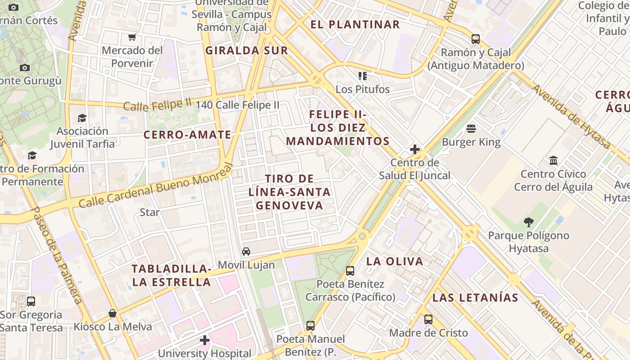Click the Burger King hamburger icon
pos(471,129)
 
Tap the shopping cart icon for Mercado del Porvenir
pos(132,37)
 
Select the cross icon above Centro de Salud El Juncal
pos(415,149)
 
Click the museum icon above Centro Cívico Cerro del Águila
pos(553,161)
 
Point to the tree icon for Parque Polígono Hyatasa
pos(529,222)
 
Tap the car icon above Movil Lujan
pos(246,252)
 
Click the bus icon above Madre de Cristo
pos(428,319)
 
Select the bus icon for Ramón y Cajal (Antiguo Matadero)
pos(476,39)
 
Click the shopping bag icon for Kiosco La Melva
pos(112,313)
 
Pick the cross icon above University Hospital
pos(205,340)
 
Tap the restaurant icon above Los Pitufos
pos(363,76)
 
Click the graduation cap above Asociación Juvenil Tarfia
pos(82,118)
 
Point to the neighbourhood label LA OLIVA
pos(395,261)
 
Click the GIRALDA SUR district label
pos(247,50)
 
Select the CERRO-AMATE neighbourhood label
pos(187,135)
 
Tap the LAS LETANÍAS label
pos(475,297)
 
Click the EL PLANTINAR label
pos(355,25)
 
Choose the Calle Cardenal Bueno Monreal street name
pos(155,186)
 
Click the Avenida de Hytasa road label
pos(571,117)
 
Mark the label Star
pos(150,212)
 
